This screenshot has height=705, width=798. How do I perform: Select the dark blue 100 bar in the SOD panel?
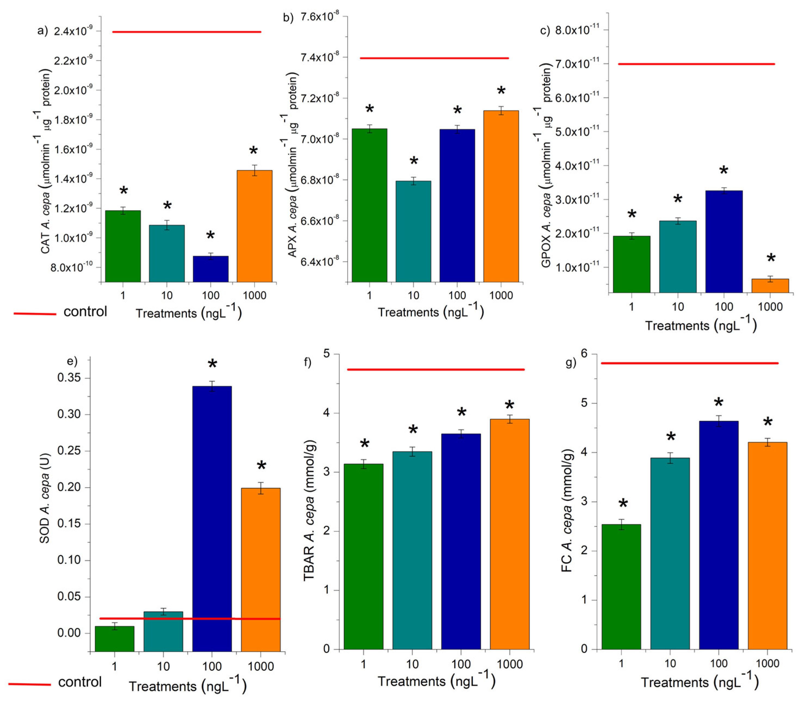[x=212, y=519]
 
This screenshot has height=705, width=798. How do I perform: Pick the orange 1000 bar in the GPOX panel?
[x=770, y=286]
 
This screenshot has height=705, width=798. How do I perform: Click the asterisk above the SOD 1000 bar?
[x=261, y=466]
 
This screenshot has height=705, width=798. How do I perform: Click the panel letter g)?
[x=571, y=363]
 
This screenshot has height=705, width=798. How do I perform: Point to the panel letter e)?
[x=73, y=361]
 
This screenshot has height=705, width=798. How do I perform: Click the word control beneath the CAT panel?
[x=85, y=312]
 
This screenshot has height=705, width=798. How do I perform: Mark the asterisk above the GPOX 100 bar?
[x=724, y=171]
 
